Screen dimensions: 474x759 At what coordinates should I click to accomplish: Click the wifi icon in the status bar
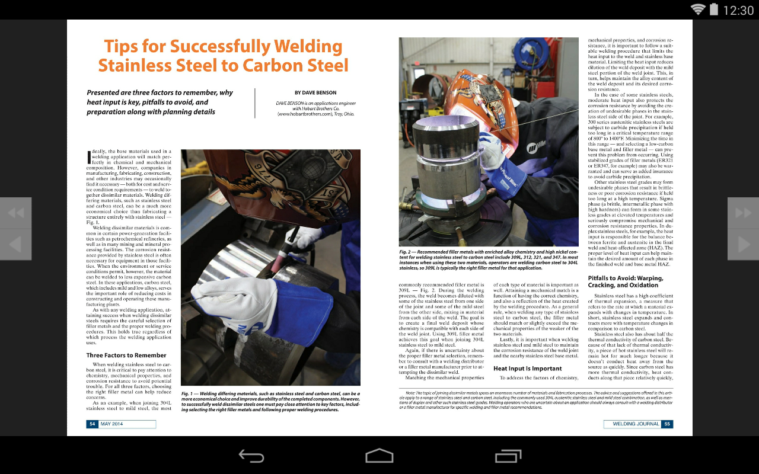pos(698,9)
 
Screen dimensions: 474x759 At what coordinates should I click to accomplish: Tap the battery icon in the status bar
pos(713,9)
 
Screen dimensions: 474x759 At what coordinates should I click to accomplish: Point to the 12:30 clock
pos(738,10)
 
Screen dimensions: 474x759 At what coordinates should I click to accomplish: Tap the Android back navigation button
pos(251,456)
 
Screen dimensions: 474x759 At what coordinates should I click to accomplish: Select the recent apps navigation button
pos(508,456)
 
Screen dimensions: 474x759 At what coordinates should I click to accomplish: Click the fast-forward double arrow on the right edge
pos(743,213)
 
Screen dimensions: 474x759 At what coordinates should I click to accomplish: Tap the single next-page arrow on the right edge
pos(743,244)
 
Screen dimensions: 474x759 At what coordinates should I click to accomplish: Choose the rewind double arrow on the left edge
pos(15,213)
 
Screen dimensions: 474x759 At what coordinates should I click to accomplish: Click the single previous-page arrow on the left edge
pos(15,244)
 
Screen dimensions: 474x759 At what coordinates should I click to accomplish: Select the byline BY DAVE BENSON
pos(315,92)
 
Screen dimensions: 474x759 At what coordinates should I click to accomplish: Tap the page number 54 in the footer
pos(93,424)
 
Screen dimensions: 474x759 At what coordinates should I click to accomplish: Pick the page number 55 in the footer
pos(667,424)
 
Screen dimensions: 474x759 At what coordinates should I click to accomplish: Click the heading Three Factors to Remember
pos(126,355)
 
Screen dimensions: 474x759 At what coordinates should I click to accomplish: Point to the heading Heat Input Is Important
pos(527,369)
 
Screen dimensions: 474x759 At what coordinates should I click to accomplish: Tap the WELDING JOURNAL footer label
pos(636,424)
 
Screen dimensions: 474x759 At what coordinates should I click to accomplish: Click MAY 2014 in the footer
pos(112,424)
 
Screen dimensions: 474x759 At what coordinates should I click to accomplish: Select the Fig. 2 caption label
pos(406,252)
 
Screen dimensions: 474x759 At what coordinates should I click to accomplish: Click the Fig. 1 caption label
pos(188,393)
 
